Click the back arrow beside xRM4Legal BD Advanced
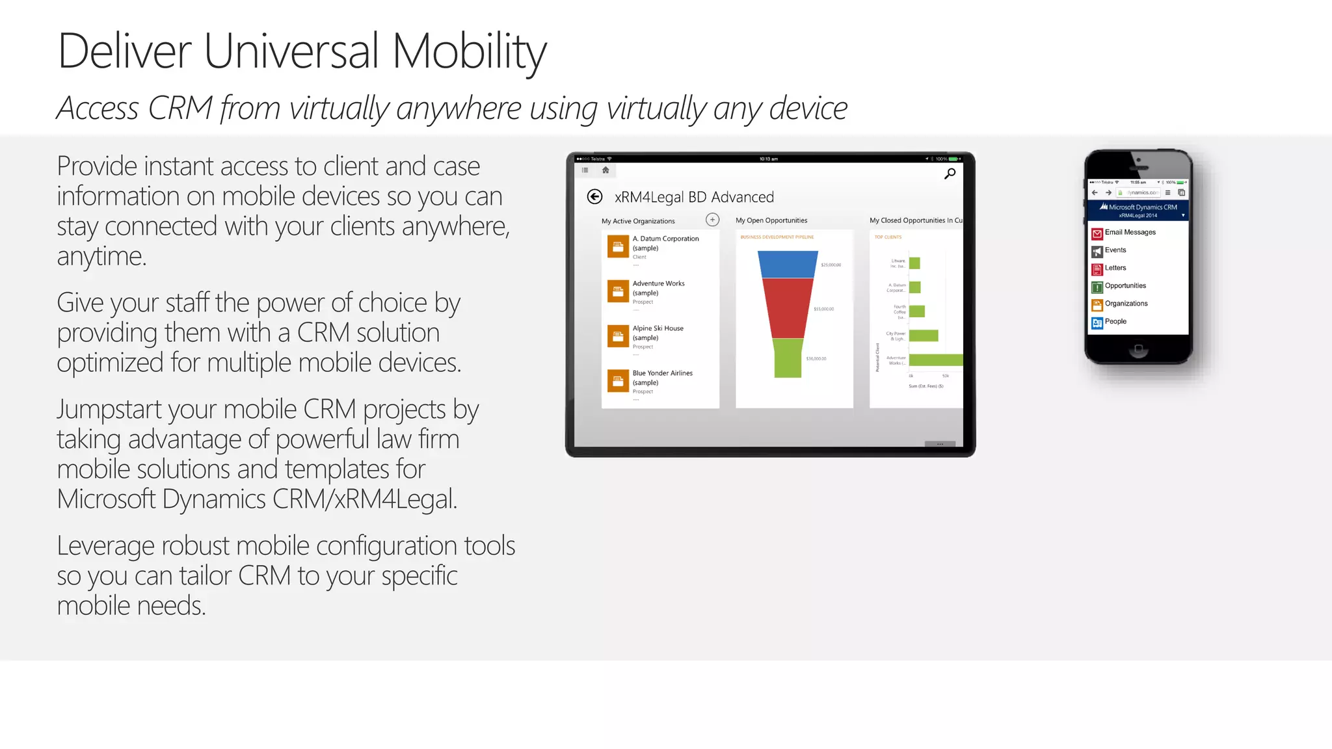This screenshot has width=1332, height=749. pyautogui.click(x=594, y=197)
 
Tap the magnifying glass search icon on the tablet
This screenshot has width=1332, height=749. pyautogui.click(x=950, y=174)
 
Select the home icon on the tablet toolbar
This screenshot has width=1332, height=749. pyautogui.click(x=606, y=170)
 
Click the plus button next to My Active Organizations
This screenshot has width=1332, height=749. pyautogui.click(x=713, y=220)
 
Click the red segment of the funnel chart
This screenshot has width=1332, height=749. pyautogui.click(x=788, y=308)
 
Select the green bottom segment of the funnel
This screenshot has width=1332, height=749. pyautogui.click(x=788, y=358)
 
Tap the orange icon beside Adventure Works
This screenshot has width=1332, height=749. pyautogui.click(x=618, y=291)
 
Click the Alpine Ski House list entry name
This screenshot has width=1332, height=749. pyautogui.click(x=658, y=329)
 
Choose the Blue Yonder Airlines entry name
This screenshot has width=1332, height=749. pyautogui.click(x=662, y=374)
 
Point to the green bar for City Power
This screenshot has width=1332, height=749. pyautogui.click(x=924, y=335)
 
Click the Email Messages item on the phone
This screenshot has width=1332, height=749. pyautogui.click(x=1130, y=233)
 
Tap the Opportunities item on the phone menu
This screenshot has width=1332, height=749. pyautogui.click(x=1125, y=286)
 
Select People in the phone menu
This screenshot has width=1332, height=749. pyautogui.click(x=1115, y=322)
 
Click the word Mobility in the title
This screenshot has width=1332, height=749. pyautogui.click(x=469, y=52)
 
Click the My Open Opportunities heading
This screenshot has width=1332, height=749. pyautogui.click(x=771, y=221)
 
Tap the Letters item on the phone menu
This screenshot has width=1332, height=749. pyautogui.click(x=1115, y=269)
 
